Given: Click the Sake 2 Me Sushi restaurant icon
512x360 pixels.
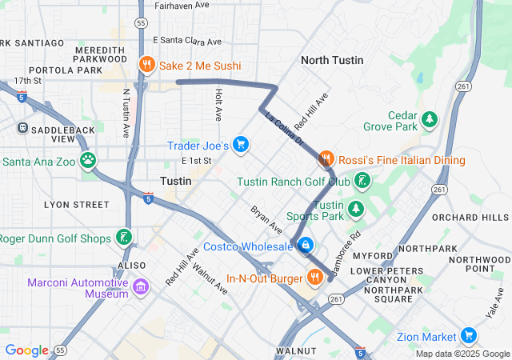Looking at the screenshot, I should pyautogui.click(x=146, y=66).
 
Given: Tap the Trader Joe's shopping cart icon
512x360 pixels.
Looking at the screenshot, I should pyautogui.click(x=241, y=145).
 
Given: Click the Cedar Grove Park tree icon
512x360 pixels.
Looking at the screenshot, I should pyautogui.click(x=430, y=119).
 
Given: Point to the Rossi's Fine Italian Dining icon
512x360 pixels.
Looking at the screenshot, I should pyautogui.click(x=326, y=159).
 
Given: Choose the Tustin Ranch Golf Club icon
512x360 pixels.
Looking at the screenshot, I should pyautogui.click(x=363, y=181).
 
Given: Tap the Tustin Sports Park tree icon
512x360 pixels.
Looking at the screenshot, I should pyautogui.click(x=355, y=210).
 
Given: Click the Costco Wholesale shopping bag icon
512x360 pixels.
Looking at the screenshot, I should pyautogui.click(x=305, y=245).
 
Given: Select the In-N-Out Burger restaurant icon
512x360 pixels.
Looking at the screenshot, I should pyautogui.click(x=316, y=278).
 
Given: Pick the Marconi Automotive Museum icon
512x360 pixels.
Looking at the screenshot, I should pyautogui.click(x=141, y=286).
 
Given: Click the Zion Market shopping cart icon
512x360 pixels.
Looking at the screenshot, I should pyautogui.click(x=470, y=336).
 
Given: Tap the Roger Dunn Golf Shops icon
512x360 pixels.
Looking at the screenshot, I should pyautogui.click(x=123, y=237).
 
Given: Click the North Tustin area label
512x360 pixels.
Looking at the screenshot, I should pyautogui.click(x=331, y=60).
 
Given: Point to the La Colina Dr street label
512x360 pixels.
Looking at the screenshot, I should pyautogui.click(x=284, y=128).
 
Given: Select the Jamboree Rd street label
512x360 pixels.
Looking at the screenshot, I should pyautogui.click(x=346, y=253).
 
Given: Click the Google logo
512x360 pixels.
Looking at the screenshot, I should pyautogui.click(x=26, y=350).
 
